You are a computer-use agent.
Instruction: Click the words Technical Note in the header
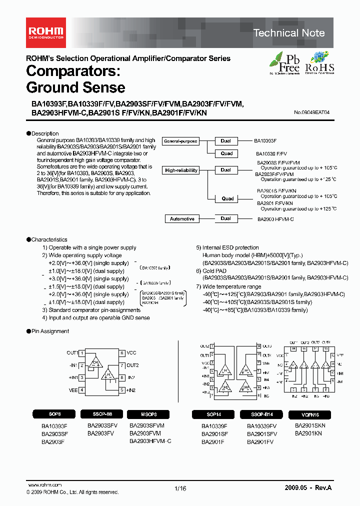coord(289,33)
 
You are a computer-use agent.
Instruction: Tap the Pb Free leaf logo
coord(284,62)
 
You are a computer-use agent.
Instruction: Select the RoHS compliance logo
coord(319,62)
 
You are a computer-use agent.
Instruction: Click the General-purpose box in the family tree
coord(181,141)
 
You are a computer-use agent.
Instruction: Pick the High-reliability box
coord(181,170)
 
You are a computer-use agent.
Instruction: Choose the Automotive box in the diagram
coord(182,219)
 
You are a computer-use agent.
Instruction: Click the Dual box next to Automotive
coord(225,218)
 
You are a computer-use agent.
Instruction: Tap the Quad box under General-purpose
coord(227,153)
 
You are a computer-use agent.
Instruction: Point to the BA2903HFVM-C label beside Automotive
coord(275,219)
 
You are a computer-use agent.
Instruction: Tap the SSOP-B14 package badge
coord(261,414)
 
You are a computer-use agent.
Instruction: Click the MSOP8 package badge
coord(148,414)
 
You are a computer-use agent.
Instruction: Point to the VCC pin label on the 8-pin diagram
coord(131,352)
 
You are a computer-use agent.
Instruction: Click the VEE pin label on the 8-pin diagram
coord(73,389)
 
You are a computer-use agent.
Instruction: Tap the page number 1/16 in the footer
coord(180,489)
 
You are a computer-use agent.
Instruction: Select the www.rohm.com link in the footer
coord(44,485)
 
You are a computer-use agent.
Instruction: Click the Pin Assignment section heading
coord(50,331)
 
